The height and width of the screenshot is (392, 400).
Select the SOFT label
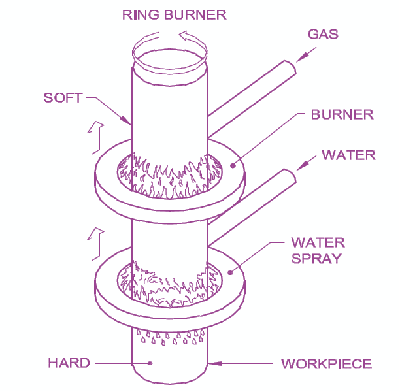coord(63,98)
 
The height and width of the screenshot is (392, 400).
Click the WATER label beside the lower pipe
coord(348,155)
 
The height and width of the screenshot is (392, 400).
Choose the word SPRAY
coord(317,258)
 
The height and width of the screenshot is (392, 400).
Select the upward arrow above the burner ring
coord(95,134)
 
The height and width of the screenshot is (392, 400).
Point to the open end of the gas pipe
coord(290,68)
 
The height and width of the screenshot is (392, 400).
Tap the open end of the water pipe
coord(290,176)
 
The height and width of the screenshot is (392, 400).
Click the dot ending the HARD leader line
coord(150,363)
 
